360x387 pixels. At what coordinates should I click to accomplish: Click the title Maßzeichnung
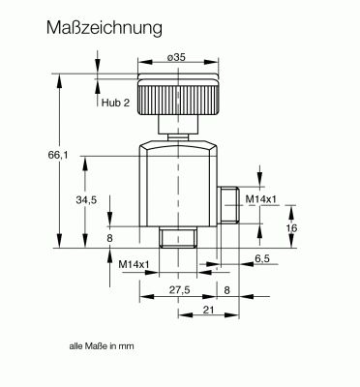pyautogui.click(x=105, y=28)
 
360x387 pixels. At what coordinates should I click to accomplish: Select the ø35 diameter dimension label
pyautogui.click(x=176, y=57)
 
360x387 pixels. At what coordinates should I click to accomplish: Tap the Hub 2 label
pyautogui.click(x=115, y=103)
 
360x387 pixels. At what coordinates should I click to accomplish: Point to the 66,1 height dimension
pyautogui.click(x=58, y=155)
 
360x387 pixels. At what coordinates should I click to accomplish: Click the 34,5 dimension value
pyautogui.click(x=86, y=200)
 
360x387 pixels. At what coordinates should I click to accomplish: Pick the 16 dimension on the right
pyautogui.click(x=291, y=228)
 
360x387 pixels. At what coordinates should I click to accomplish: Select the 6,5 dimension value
pyautogui.click(x=262, y=258)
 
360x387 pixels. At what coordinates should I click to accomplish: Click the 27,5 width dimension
pyautogui.click(x=180, y=290)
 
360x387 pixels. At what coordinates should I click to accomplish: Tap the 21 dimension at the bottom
pyautogui.click(x=209, y=310)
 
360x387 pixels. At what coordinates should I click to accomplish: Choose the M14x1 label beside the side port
pyautogui.click(x=261, y=199)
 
